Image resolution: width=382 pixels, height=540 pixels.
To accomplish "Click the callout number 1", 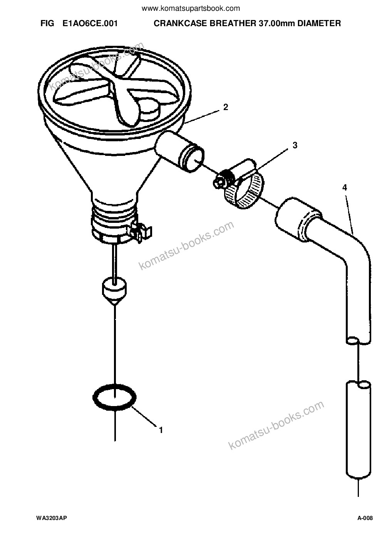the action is point(161,430).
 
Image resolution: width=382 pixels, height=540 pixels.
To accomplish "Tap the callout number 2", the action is point(226,107).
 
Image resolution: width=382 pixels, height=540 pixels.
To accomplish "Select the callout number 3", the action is point(295,145).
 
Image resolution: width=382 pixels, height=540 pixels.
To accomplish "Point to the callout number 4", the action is point(345,187).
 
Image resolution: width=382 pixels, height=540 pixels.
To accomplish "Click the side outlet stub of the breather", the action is point(179,152).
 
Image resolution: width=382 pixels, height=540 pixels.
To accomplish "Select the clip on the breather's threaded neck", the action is point(141,232).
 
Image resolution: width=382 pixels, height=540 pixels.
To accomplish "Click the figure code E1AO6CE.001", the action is point(90,23).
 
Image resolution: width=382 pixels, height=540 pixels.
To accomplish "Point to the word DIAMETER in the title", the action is point(319,23).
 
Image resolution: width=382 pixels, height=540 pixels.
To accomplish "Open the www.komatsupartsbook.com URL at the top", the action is point(191,9).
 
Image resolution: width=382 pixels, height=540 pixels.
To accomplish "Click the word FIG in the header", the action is point(47,23).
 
